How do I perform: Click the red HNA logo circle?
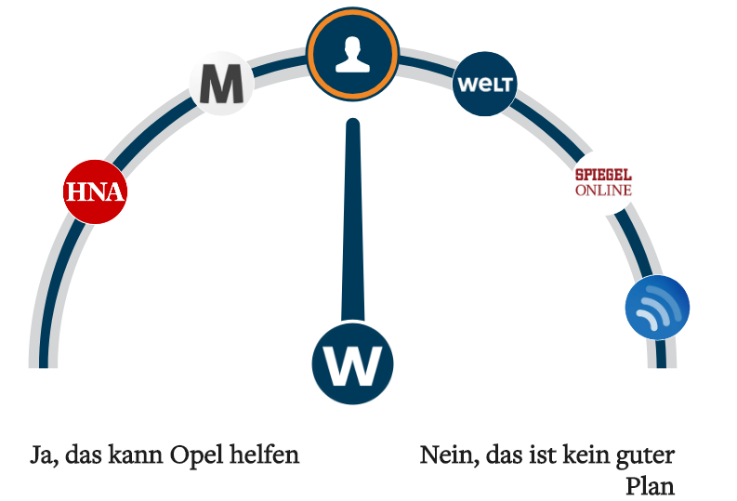94,192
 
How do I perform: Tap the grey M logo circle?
221,84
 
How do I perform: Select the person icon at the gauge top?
352,55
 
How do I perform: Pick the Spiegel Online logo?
603,183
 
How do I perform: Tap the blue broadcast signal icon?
657,308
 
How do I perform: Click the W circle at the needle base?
352,363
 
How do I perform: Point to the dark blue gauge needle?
352,223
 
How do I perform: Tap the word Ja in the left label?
41,456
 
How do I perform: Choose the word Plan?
650,486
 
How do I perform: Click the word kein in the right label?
582,456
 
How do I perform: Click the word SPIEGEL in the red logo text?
603,175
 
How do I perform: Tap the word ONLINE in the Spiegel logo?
603,191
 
